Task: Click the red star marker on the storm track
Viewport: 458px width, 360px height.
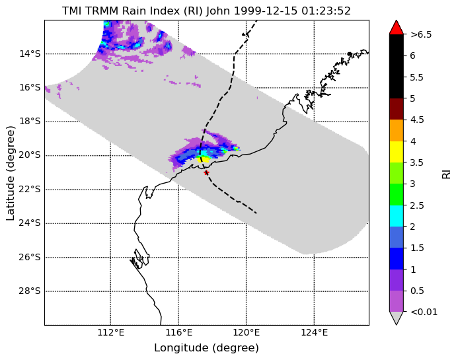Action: [x=206, y=172]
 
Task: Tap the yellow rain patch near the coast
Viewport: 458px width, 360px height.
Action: [x=204, y=159]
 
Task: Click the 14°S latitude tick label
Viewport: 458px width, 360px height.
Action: [x=30, y=54]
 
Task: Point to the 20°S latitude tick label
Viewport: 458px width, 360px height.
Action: [x=30, y=155]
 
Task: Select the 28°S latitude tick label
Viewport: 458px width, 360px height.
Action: [x=30, y=291]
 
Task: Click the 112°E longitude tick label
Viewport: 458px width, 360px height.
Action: [x=111, y=332]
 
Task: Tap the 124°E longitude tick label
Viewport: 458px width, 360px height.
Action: [x=315, y=332]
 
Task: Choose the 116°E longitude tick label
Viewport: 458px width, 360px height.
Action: [x=178, y=332]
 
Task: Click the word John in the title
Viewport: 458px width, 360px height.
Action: [x=219, y=11]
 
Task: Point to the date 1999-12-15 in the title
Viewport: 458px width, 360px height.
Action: [x=266, y=11]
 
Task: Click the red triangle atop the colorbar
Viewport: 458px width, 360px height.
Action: [x=397, y=28]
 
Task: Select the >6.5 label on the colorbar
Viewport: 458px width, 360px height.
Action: [x=421, y=34]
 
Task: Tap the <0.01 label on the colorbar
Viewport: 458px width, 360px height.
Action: [x=424, y=312]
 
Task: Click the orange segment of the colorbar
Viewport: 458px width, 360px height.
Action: [x=397, y=131]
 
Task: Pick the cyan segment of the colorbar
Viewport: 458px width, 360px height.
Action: [x=397, y=216]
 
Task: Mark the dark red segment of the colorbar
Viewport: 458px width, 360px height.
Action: [x=397, y=109]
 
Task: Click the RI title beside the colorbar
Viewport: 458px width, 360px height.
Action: [x=447, y=173]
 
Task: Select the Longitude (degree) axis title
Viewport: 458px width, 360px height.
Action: [x=206, y=347]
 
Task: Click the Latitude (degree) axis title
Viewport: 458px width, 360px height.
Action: [x=10, y=173]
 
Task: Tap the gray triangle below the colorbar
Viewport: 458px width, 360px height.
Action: [x=397, y=318]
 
